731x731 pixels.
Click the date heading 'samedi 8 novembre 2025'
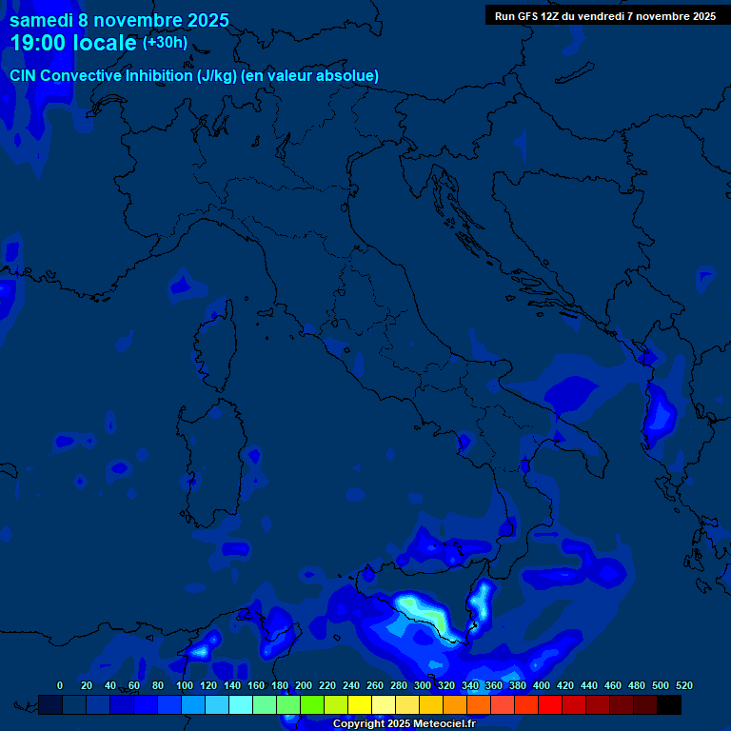pos(119,19)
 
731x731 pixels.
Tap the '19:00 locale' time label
pos(73,43)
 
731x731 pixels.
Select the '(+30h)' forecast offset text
pos(165,43)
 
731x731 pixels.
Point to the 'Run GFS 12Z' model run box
pos(605,16)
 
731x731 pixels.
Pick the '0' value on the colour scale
pos(60,686)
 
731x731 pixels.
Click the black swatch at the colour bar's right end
pos(669,704)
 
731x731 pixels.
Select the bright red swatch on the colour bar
pos(550,704)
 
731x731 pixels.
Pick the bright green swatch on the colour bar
pos(312,704)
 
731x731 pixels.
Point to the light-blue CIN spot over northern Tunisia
pos(200,651)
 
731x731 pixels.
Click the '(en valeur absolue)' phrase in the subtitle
pos(310,76)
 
